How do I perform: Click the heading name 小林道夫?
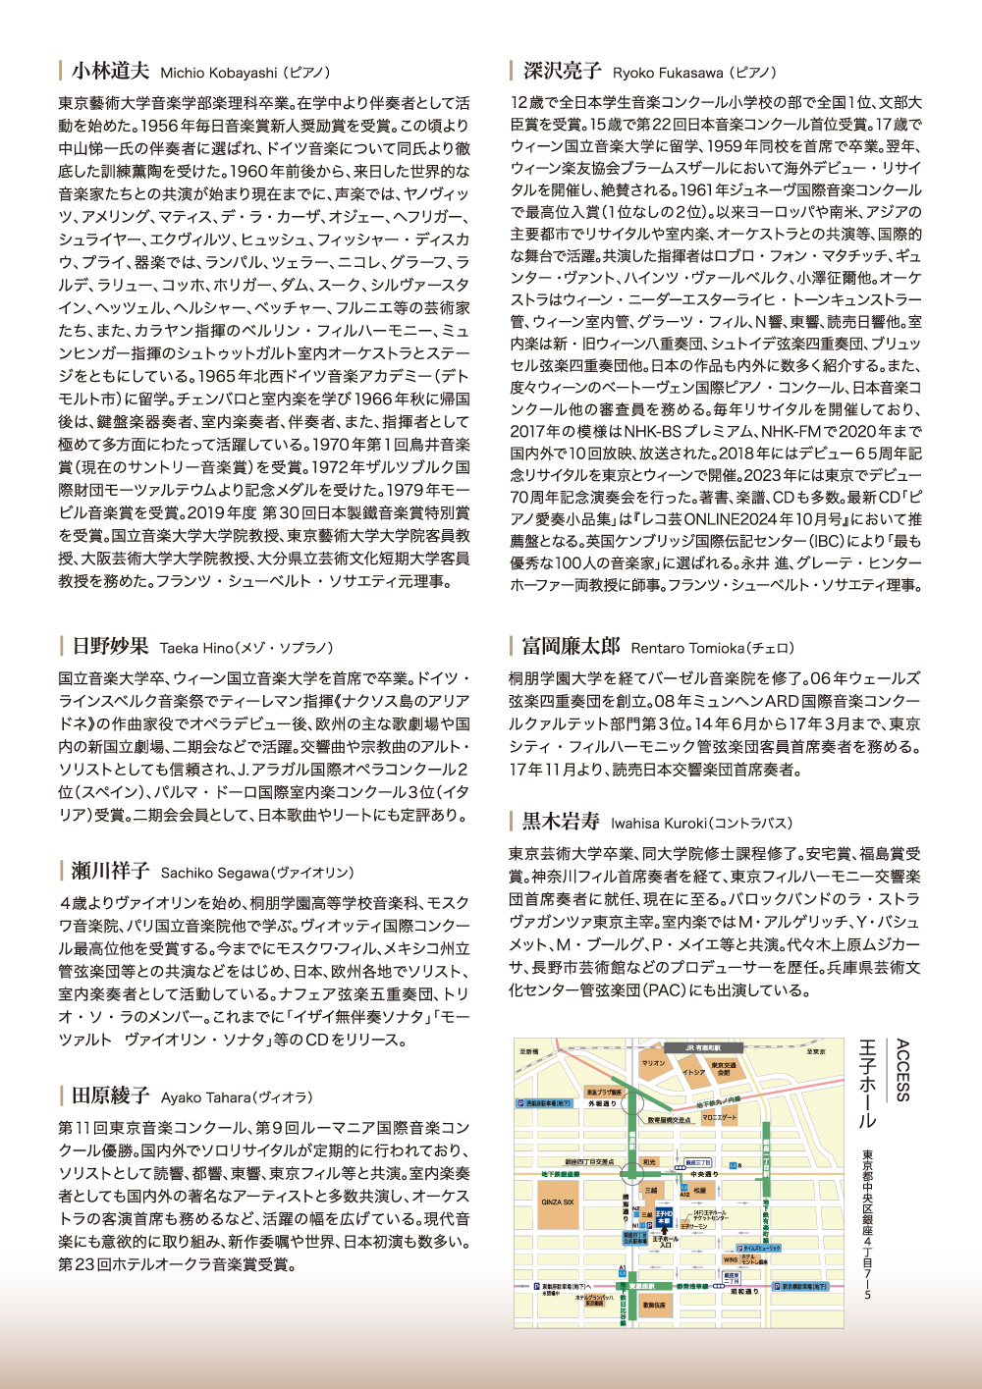click(x=110, y=71)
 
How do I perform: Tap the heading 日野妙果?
click(x=110, y=646)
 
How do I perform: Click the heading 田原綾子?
click(x=110, y=1095)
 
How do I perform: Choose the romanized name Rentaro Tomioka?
click(x=687, y=648)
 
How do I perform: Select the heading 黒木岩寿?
click(x=561, y=822)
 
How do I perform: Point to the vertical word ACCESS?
click(x=902, y=1070)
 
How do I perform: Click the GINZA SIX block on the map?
click(x=557, y=1202)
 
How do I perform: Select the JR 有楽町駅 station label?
click(x=702, y=1047)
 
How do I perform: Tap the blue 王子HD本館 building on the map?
click(x=664, y=1216)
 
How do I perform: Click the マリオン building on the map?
click(x=652, y=1064)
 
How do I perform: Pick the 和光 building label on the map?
click(x=649, y=1162)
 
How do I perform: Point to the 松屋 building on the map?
click(x=699, y=1191)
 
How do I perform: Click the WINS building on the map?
click(x=730, y=1259)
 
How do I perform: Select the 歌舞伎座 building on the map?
click(x=653, y=1306)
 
